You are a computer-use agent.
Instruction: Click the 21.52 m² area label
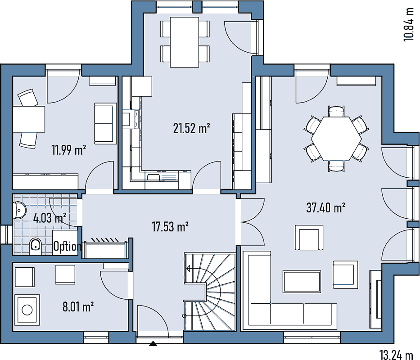[x=191, y=129]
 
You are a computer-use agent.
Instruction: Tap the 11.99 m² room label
[x=69, y=150]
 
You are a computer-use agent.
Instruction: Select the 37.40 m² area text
[x=325, y=207]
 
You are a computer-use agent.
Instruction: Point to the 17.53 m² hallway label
[x=170, y=227]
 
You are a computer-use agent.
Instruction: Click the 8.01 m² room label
[x=78, y=306]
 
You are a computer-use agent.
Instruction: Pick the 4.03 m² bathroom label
[x=50, y=218]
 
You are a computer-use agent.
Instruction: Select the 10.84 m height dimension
[x=409, y=24]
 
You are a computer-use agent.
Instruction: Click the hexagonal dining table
[x=336, y=139]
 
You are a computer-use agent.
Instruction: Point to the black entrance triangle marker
[x=153, y=343]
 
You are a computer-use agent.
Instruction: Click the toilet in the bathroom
[x=35, y=246]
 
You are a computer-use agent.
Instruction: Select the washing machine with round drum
[x=27, y=310]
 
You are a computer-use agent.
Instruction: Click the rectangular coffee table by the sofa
[x=302, y=281]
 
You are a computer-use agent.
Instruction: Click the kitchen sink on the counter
[x=162, y=177]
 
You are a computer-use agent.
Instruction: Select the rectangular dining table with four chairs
[x=185, y=42]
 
